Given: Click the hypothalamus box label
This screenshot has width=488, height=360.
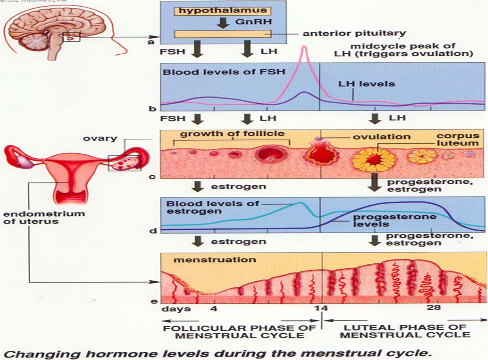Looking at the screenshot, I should coord(223,11).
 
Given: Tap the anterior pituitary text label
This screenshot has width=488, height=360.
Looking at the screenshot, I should coord(354,33).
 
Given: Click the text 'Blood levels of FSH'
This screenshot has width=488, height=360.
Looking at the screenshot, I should coord(224,72).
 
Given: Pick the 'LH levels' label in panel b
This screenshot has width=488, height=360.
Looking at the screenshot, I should coord(366,84).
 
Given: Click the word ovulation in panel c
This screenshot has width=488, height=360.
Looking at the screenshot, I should coord(381,137).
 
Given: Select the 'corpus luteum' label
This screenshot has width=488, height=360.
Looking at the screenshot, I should coord(458,140).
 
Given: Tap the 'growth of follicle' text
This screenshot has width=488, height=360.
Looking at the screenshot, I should coord(232,134).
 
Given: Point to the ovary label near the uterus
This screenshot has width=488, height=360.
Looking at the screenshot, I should coord(100,138).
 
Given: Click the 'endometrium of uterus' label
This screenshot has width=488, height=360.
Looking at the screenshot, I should coord(44,218).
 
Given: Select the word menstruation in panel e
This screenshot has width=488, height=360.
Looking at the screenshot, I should coord(215,260).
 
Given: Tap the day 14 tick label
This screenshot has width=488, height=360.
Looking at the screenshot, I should coord(321,308).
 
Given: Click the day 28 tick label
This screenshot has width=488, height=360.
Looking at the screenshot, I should coord(433,307).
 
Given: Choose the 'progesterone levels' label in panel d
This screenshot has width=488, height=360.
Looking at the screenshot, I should coord(394,220).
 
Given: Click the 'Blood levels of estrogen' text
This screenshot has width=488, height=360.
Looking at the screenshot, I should coord(212,207).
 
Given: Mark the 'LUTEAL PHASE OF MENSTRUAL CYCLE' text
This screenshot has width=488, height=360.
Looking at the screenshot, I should coord(405,331).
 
